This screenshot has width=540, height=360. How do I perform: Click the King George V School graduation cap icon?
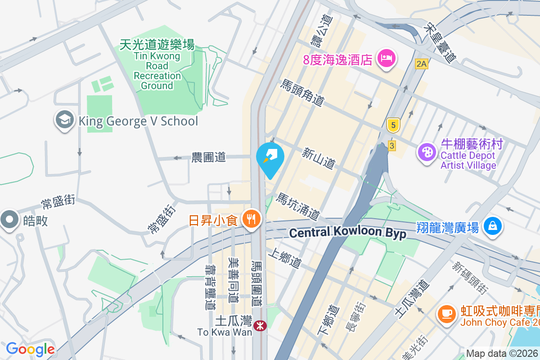(65, 120)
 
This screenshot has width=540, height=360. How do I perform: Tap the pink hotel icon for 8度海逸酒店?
(386, 58)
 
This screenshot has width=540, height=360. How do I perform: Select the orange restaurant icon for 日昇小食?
(251, 219)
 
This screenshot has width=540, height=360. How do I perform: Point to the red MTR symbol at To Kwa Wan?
(260, 325)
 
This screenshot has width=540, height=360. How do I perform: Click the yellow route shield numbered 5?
(393, 126)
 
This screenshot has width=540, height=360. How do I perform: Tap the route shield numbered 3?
(392, 145)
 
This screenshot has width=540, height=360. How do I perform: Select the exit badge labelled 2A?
(421, 64)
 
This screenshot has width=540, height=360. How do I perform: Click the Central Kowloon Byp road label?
(347, 233)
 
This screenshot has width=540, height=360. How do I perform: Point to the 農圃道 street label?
(208, 157)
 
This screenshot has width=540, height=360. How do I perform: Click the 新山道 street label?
(319, 159)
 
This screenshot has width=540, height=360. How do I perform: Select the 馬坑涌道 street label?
(297, 207)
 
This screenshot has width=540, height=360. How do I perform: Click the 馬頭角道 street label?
(302, 93)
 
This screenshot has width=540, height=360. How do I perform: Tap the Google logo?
(30, 349)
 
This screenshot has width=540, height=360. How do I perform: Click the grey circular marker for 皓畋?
(9, 220)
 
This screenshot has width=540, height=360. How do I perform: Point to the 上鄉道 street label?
(284, 259)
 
